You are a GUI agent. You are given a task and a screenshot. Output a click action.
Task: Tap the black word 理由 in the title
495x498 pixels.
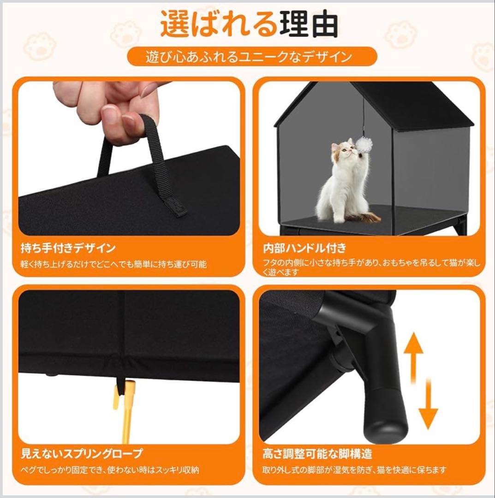pyautogui.click(x=308, y=24)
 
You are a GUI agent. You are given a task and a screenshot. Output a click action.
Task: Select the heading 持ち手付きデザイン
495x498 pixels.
pyautogui.click(x=68, y=248)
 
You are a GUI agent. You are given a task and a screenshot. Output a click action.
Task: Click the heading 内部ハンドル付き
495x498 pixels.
pyautogui.click(x=304, y=248)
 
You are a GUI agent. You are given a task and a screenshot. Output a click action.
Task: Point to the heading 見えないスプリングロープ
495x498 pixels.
pyautogui.click(x=82, y=453)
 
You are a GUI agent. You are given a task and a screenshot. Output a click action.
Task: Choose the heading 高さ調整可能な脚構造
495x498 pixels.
pyautogui.click(x=317, y=454)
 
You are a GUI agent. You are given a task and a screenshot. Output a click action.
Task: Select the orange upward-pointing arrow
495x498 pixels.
pyautogui.click(x=413, y=356)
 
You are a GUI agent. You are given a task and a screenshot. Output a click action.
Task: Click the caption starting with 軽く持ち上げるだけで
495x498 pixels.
pyautogui.click(x=113, y=264)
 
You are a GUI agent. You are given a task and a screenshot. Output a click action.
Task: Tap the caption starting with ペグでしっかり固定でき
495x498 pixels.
pyautogui.click(x=110, y=470)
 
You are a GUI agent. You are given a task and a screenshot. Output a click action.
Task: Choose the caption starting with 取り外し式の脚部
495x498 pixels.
pyautogui.click(x=354, y=470)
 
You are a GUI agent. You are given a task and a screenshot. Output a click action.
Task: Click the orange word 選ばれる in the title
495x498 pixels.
pyautogui.click(x=219, y=24)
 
